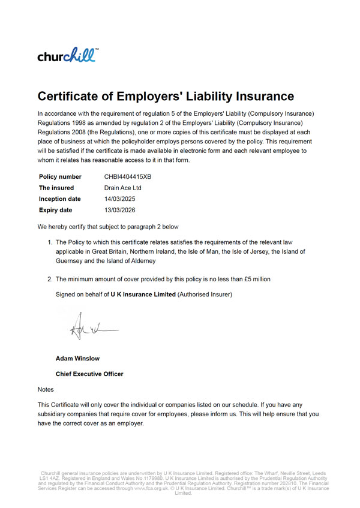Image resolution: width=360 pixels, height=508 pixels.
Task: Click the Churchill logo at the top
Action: tap(66, 55)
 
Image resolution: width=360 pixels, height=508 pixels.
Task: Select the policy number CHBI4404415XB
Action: tap(128, 177)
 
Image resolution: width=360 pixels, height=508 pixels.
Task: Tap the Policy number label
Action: tap(60, 177)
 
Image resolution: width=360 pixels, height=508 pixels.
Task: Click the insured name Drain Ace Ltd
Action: tap(123, 188)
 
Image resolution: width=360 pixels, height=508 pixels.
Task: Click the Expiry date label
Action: tap(56, 210)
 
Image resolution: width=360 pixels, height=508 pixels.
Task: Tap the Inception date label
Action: tap(60, 199)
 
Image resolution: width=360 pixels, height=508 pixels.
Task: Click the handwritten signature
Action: tap(88, 328)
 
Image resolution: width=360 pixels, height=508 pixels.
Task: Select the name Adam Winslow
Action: tap(77, 359)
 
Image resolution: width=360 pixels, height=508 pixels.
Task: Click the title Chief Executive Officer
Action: tap(89, 374)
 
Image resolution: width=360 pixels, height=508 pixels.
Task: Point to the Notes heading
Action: tap(46, 389)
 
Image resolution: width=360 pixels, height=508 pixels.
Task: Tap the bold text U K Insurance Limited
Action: tap(143, 294)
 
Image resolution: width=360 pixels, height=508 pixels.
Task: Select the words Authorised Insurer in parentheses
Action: tap(205, 294)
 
